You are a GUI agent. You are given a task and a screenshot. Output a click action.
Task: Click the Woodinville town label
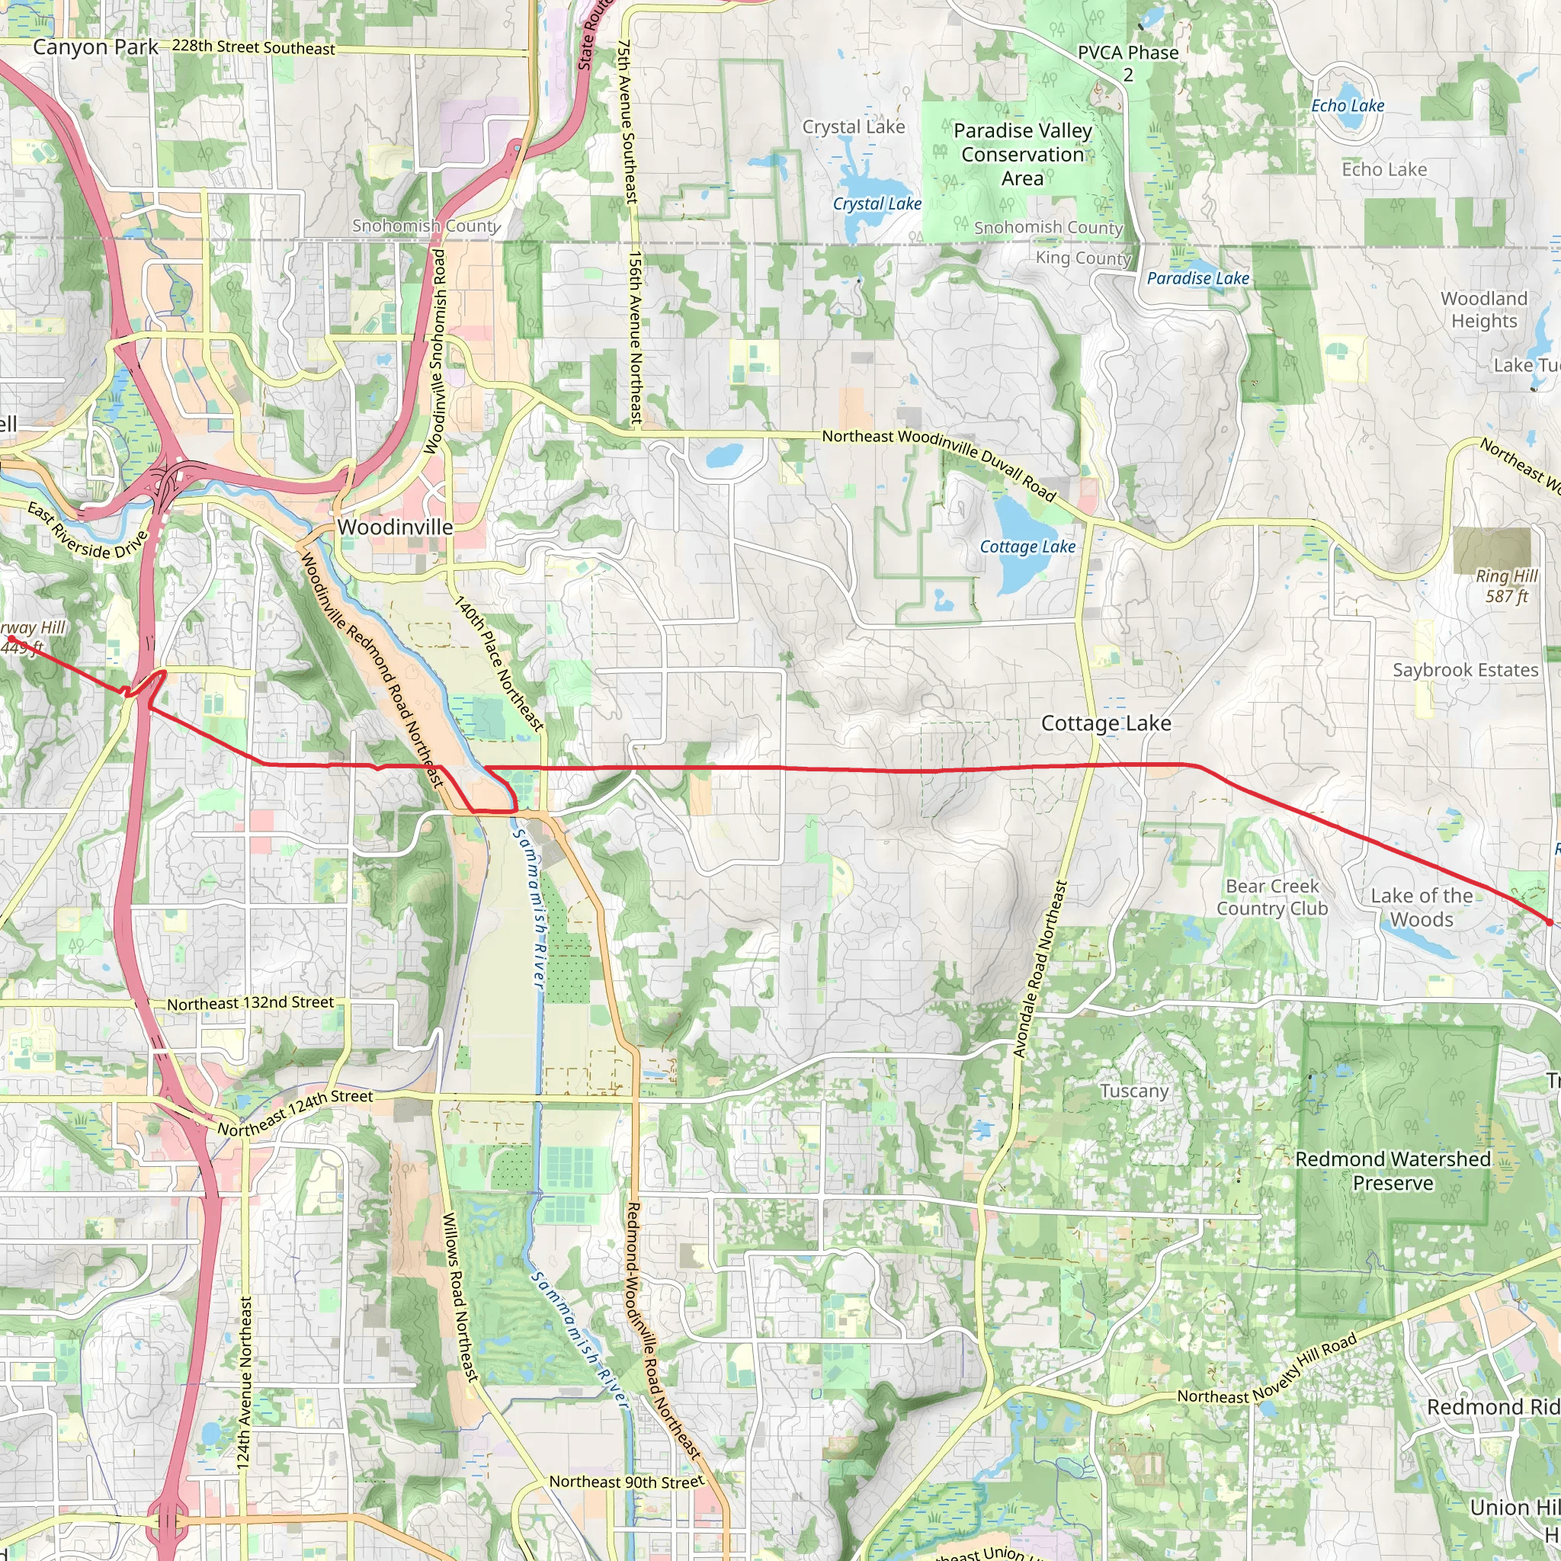pos(395,527)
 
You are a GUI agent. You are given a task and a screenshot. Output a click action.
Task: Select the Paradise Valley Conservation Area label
pos(1022,154)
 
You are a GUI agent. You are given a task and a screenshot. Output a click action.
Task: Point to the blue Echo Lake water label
pos(1348,106)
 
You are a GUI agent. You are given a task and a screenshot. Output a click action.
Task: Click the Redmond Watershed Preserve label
pos(1393,1171)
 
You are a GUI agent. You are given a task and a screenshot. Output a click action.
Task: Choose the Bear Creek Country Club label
pos(1273,898)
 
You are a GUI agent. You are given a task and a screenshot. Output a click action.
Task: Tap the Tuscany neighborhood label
pos(1134,1091)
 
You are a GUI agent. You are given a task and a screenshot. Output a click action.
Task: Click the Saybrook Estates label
pos(1466,670)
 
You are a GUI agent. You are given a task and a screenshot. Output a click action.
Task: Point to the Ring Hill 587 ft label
pos(1507,586)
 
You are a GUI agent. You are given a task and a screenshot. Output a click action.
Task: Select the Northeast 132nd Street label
pos(251,1004)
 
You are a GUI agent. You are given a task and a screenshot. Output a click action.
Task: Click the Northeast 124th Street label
pos(296,1113)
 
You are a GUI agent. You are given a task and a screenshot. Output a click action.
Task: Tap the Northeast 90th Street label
pos(627,1482)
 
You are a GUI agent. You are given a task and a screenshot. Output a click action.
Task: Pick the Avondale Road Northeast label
pos(1040,969)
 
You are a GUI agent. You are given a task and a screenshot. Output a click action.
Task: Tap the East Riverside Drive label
pos(87,530)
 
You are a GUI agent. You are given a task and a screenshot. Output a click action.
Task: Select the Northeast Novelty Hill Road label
pos(1267,1370)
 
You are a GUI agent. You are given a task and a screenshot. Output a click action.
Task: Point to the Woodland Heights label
pos(1484,309)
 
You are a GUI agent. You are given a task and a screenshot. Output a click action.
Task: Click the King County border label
pos(1084,258)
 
